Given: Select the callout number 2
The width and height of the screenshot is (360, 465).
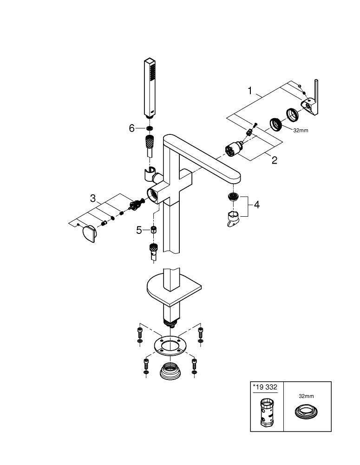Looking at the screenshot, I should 274,160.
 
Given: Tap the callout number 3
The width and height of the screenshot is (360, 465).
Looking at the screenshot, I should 93,199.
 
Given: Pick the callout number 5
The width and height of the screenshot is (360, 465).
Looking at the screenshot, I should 139,230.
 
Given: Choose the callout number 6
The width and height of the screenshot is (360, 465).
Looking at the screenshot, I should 131,128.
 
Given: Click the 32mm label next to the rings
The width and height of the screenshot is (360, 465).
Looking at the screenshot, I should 300,131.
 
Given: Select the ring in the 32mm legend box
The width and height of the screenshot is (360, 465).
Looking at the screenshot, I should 306,412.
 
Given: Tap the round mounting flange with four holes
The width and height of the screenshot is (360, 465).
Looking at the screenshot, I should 170,346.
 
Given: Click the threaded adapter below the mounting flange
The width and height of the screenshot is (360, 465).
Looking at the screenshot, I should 170,372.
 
